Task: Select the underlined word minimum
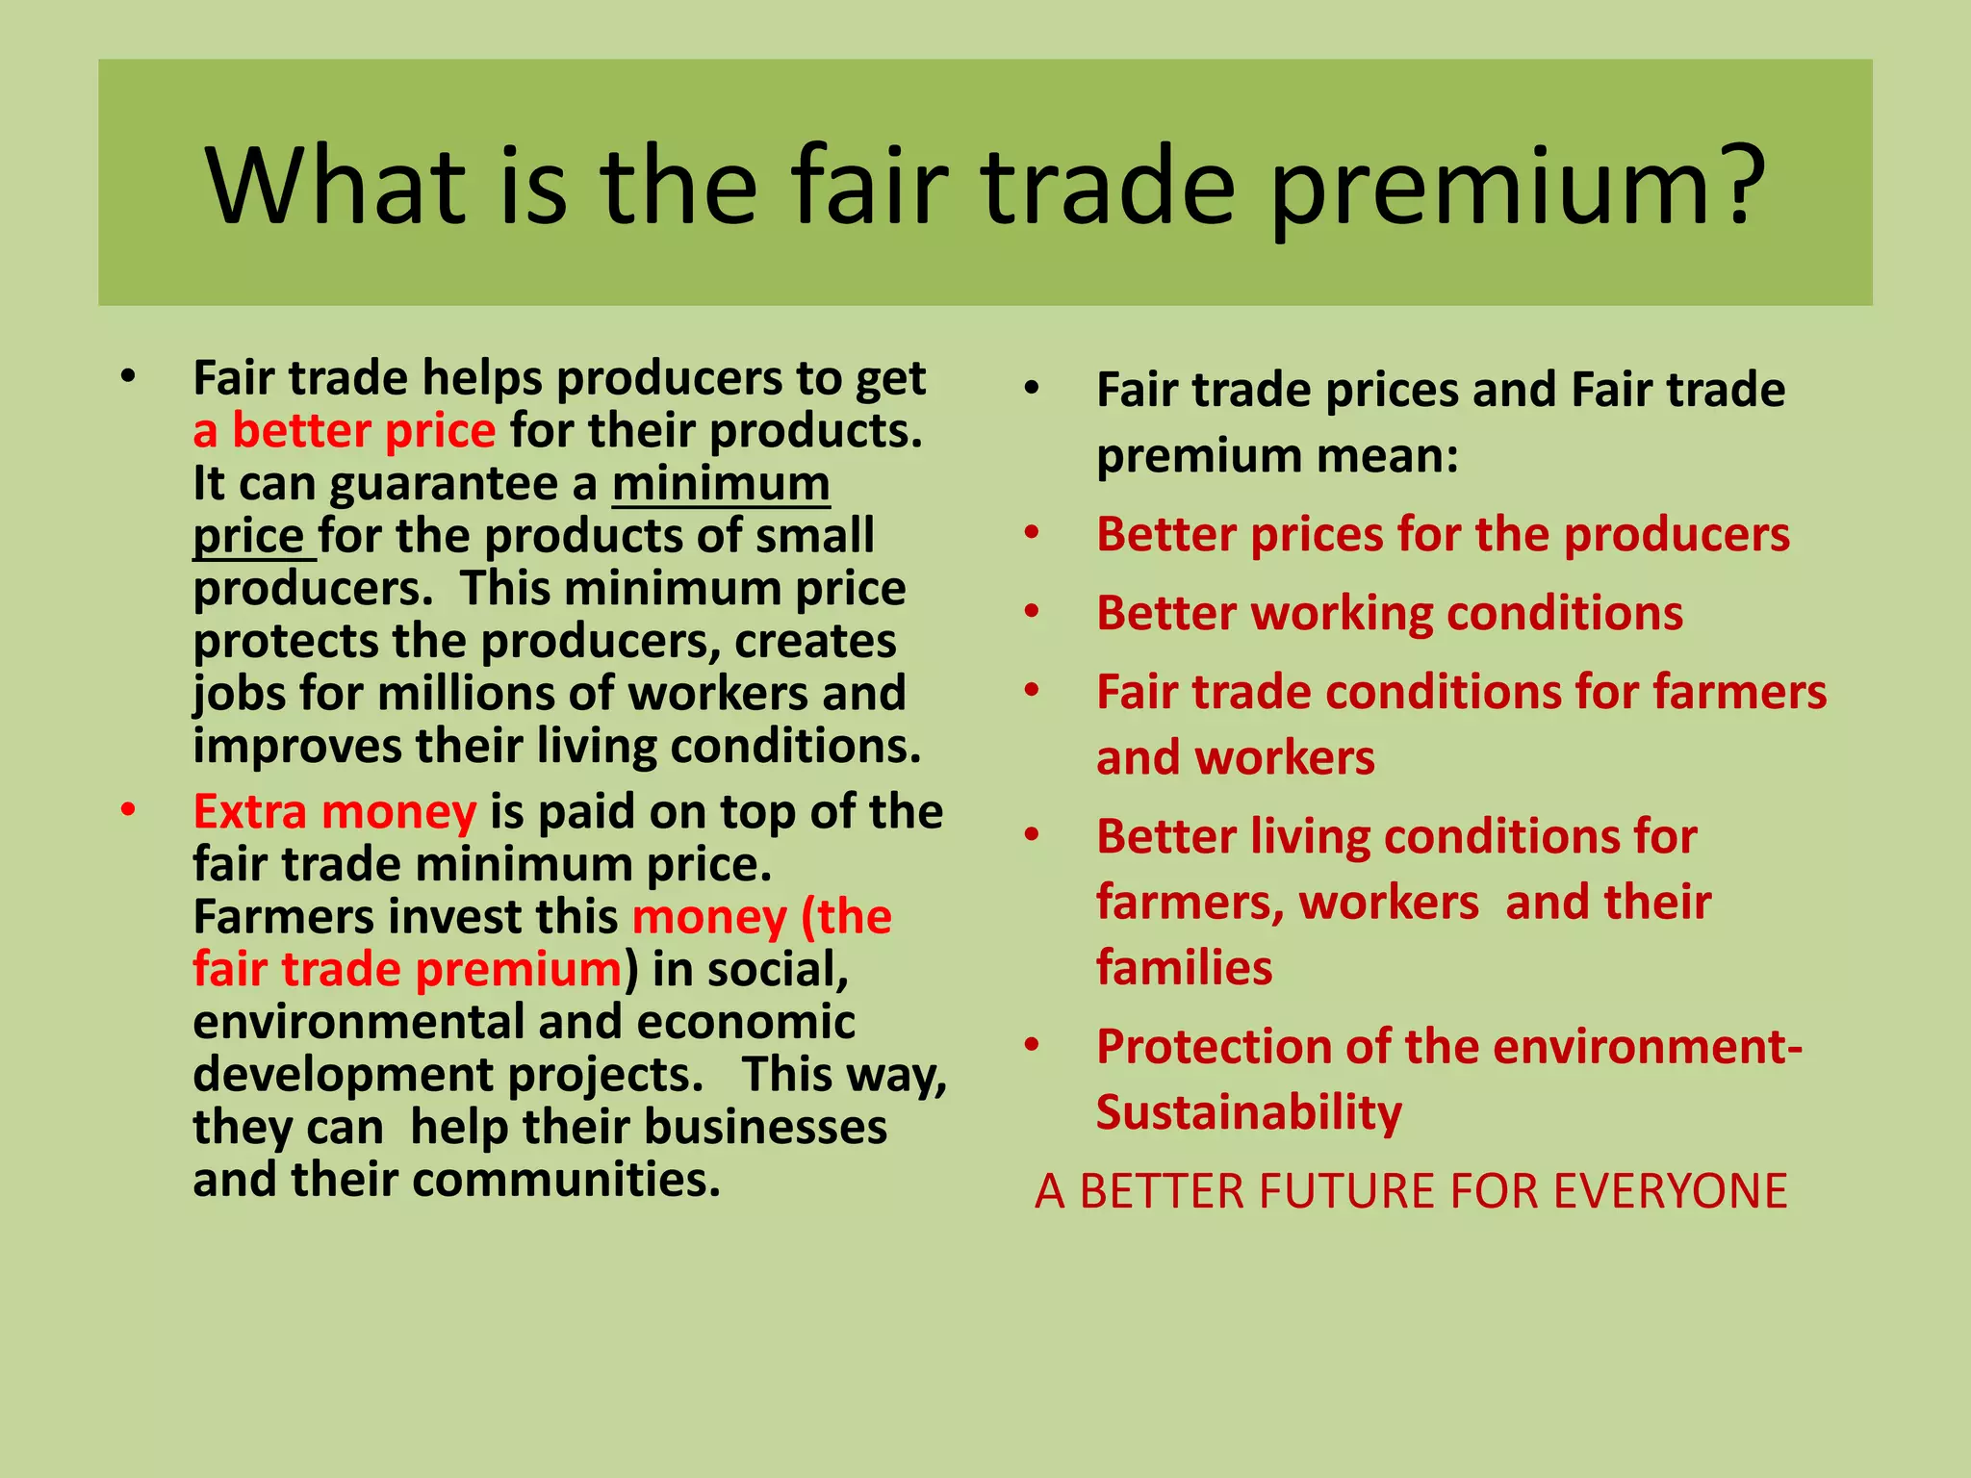[721, 484]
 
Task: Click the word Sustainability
[1248, 1113]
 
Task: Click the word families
[1184, 968]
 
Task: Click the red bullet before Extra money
[128, 811]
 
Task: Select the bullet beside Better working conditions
[1032, 612]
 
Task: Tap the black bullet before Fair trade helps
[128, 377]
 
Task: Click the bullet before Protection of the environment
[1032, 1045]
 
